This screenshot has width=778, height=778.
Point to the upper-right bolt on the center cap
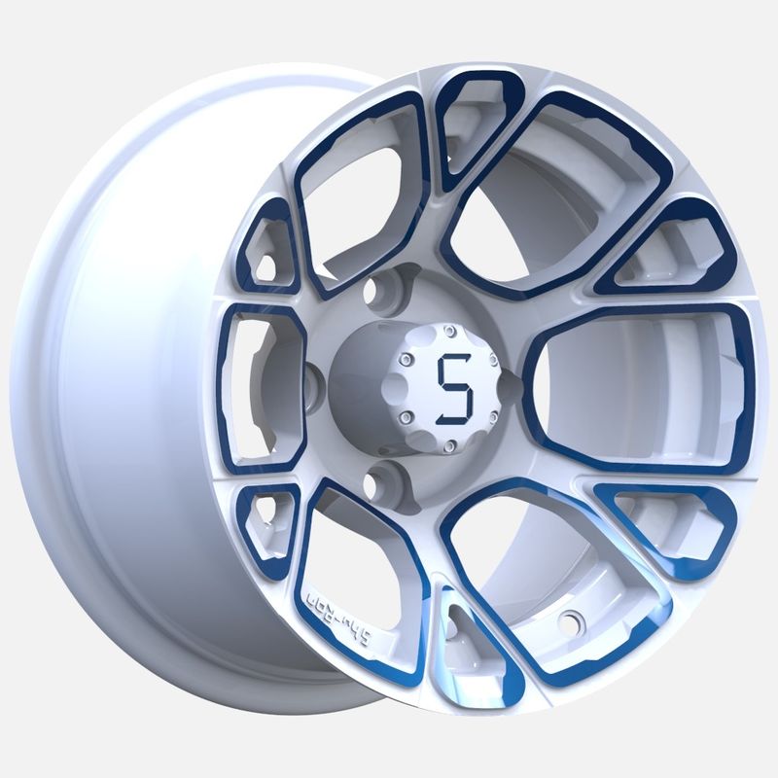(x=493, y=358)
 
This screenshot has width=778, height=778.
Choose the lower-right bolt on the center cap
(x=492, y=417)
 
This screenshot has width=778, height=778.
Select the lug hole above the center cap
(x=380, y=289)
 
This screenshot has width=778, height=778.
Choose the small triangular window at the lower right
(x=667, y=525)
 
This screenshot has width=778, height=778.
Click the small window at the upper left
(x=268, y=251)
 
